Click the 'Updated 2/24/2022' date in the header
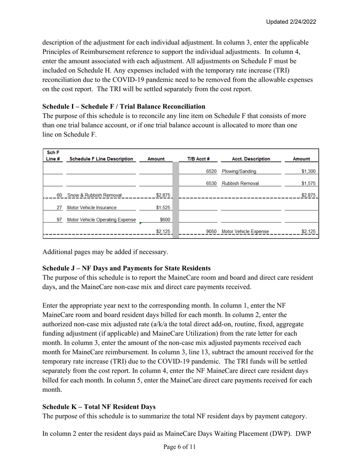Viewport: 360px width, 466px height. tap(291, 22)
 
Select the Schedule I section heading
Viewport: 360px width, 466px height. tap(124, 106)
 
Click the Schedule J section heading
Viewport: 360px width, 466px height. tap(127, 268)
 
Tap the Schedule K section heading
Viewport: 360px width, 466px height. tap(99, 407)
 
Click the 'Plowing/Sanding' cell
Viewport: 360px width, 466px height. tap(239, 171)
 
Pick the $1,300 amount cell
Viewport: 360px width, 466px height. tap(308, 171)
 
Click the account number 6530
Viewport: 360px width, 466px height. tap(211, 183)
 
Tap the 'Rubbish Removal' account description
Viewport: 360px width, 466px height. tap(240, 183)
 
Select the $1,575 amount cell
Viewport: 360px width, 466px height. tap(308, 183)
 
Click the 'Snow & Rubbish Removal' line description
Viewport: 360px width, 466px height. tap(94, 195)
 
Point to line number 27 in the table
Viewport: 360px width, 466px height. tap(59, 207)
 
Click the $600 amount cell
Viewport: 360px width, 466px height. tap(165, 219)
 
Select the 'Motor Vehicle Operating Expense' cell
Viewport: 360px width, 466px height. tap(101, 219)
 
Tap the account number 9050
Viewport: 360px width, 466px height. tap(211, 231)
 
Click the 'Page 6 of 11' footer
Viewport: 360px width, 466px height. tap(180, 447)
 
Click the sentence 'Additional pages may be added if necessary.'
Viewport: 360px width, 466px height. tap(104, 252)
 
